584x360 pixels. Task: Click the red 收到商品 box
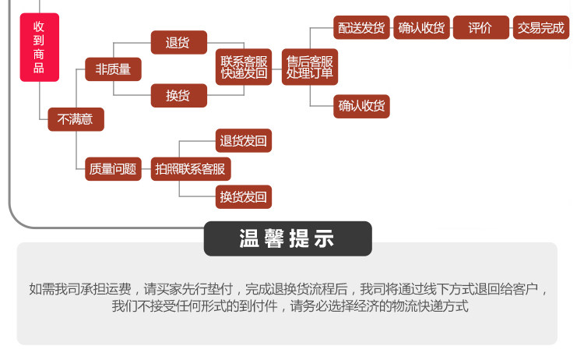pos(40,48)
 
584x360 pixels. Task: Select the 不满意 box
pos(76,119)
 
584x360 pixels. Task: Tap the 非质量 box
pos(113,69)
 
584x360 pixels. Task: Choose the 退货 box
pos(179,43)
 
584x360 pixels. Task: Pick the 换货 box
pos(179,96)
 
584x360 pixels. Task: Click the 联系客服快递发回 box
pos(244,67)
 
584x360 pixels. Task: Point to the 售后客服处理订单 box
pos(310,67)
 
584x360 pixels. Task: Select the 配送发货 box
pos(361,27)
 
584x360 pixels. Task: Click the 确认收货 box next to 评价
pos(421,27)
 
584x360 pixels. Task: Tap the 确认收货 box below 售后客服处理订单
pos(361,107)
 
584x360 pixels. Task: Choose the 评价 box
pos(481,27)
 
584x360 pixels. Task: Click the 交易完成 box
pos(541,27)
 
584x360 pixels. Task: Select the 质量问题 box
pos(113,169)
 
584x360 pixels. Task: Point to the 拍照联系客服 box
pos(191,169)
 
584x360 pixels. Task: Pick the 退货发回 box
pos(244,141)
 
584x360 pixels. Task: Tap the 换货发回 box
pos(244,197)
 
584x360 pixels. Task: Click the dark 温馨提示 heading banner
pos(288,238)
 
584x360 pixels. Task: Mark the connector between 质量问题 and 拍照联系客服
pos(146,169)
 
